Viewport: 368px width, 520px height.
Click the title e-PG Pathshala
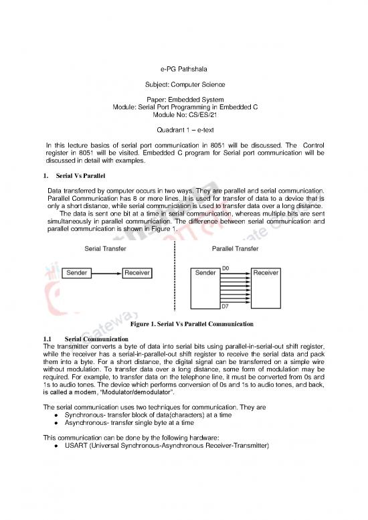coord(183,68)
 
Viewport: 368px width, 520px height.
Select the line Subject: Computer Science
coord(183,85)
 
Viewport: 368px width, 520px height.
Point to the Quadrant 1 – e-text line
coord(183,131)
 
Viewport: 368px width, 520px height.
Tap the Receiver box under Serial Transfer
coord(136,273)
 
